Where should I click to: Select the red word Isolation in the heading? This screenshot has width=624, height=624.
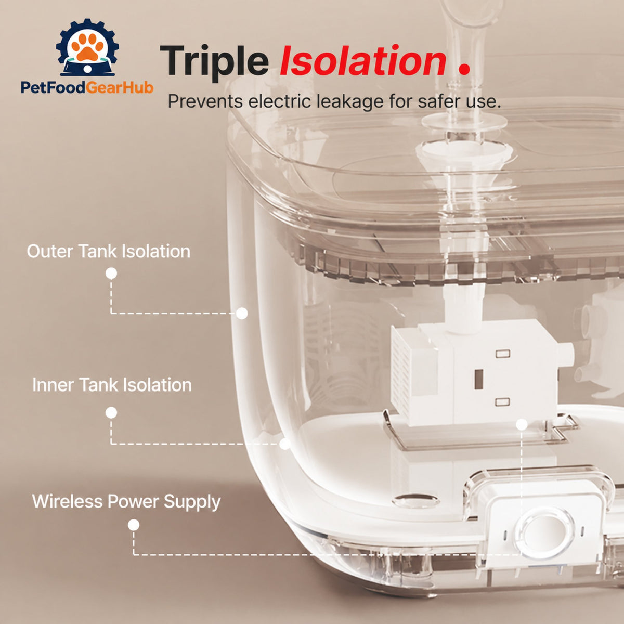tap(363, 60)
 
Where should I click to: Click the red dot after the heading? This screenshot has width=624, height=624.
tap(464, 70)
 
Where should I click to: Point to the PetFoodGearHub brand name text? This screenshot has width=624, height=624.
tap(87, 87)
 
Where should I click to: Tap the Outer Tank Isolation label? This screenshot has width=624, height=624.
tap(109, 251)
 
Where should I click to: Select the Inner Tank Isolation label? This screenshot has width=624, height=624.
tap(112, 385)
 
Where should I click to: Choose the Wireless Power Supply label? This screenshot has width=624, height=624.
tap(126, 502)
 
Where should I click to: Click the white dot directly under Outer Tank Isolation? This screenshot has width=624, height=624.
tap(111, 274)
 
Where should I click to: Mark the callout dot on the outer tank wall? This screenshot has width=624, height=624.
tap(242, 314)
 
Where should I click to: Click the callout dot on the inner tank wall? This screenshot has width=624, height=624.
tap(284, 444)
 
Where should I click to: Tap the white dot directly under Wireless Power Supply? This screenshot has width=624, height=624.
tap(134, 525)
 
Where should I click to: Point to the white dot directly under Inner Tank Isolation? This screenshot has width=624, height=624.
tap(111, 413)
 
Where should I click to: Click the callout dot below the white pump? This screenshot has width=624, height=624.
tap(522, 424)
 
